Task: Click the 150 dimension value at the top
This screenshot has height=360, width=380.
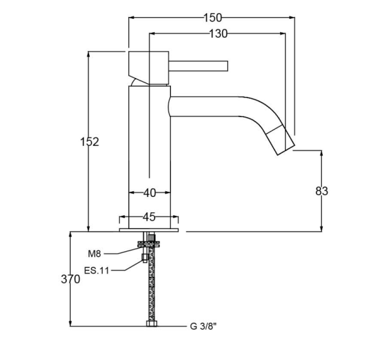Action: point(212,18)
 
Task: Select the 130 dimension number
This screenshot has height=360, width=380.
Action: point(218,33)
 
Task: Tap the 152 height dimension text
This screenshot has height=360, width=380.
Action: point(90,142)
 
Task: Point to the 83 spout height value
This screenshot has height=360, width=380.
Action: point(322,191)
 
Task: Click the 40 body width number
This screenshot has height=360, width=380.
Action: point(149,193)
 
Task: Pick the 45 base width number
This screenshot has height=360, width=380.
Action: point(149,217)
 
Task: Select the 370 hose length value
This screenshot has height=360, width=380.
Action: point(71,279)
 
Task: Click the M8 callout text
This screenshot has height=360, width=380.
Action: point(94,254)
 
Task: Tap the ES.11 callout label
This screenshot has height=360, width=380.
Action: point(97,270)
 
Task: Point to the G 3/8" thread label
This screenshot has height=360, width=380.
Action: point(203,327)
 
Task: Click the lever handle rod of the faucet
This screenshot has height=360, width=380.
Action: point(199,66)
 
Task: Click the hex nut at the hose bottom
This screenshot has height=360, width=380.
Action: point(152,323)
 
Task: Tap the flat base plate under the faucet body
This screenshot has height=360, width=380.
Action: point(149,230)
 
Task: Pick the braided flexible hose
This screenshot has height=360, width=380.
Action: point(152,283)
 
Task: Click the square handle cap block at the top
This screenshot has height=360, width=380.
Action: point(149,68)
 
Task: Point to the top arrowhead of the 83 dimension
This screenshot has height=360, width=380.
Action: point(322,153)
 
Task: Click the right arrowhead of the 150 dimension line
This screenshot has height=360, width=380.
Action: point(292,18)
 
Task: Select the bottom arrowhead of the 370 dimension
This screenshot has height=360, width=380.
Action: point(71,323)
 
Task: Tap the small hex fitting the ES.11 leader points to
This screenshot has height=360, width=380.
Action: point(144,258)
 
